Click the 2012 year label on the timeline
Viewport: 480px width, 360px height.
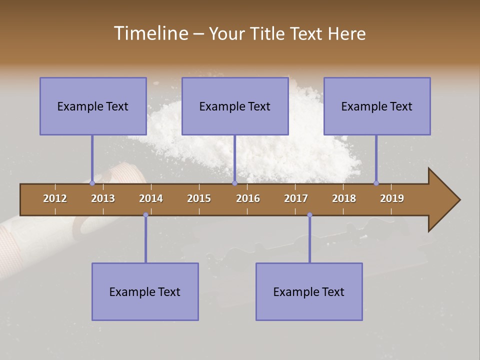tap(55, 198)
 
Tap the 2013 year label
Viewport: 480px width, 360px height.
tap(103, 198)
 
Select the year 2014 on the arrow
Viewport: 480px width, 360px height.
tap(151, 198)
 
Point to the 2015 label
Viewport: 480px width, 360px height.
tap(199, 198)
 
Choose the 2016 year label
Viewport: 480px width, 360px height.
tap(248, 198)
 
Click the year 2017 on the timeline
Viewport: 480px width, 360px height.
tap(296, 198)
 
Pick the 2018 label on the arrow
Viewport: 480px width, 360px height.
tap(344, 198)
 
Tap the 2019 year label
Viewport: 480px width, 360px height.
tap(392, 198)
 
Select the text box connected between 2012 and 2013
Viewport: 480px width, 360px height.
tap(93, 106)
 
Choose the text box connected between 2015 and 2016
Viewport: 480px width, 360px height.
tap(235, 106)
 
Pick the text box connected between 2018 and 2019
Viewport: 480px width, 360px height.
tap(377, 106)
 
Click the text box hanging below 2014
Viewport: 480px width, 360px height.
tap(145, 291)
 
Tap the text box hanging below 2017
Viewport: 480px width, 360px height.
tap(309, 291)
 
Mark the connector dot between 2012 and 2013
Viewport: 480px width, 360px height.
tap(92, 183)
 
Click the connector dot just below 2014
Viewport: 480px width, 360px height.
tap(145, 215)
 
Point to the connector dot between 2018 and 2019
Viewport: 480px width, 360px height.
tap(376, 183)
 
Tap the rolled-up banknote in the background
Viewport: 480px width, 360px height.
tap(30, 240)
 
